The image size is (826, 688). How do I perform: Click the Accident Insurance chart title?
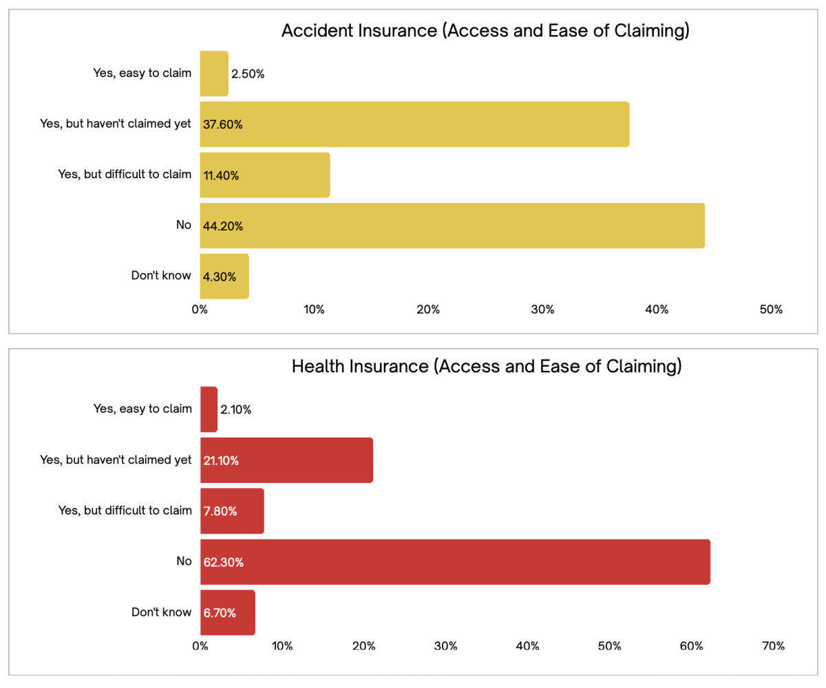(485, 31)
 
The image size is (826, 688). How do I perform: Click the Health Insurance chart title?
(487, 366)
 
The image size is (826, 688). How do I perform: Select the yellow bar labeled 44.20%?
(452, 226)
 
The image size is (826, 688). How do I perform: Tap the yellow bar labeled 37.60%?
(414, 125)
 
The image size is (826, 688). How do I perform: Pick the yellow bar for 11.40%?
(265, 175)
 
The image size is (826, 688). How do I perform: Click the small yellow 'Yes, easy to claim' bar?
(214, 74)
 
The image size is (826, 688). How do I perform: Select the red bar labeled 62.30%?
(455, 562)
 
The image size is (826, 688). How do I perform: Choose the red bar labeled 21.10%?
(286, 460)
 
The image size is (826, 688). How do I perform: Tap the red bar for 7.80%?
(232, 511)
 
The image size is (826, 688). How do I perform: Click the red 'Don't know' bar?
(228, 612)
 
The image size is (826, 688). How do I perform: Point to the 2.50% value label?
(248, 74)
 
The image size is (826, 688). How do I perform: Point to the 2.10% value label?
(235, 410)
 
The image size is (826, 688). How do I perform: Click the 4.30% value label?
(220, 277)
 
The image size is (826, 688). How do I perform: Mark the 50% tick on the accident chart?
(772, 310)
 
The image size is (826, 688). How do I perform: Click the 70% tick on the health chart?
(773, 646)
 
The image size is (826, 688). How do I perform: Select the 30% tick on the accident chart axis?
(543, 310)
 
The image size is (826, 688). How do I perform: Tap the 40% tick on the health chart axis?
(527, 646)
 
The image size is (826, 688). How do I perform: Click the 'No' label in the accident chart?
(184, 225)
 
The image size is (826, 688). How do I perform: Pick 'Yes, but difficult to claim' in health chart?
(125, 510)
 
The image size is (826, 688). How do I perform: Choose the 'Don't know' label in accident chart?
(161, 276)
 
